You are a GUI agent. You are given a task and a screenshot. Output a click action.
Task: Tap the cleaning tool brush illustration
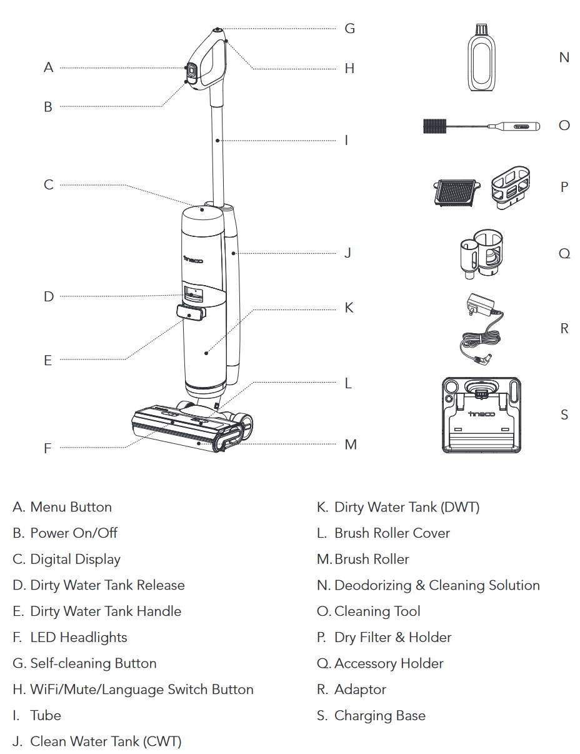(481, 126)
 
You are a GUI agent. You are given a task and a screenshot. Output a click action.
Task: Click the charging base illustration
(481, 415)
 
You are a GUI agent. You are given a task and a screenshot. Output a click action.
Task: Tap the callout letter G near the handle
(349, 28)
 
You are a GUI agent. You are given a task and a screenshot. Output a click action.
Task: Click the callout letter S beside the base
(564, 415)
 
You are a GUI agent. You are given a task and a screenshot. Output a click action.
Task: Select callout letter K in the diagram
(349, 308)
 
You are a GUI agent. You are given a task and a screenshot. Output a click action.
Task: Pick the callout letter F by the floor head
(47, 448)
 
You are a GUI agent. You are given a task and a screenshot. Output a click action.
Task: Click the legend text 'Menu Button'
(71, 507)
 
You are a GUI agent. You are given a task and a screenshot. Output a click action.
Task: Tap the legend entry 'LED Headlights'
(78, 637)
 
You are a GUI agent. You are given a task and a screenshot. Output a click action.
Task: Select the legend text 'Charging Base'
(379, 715)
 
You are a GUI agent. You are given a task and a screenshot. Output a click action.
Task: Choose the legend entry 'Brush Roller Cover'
(392, 533)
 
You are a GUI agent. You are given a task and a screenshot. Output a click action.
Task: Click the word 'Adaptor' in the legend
(360, 689)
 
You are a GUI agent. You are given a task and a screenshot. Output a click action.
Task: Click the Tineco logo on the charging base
(481, 414)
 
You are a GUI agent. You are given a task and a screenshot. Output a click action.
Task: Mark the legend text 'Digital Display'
(75, 559)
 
